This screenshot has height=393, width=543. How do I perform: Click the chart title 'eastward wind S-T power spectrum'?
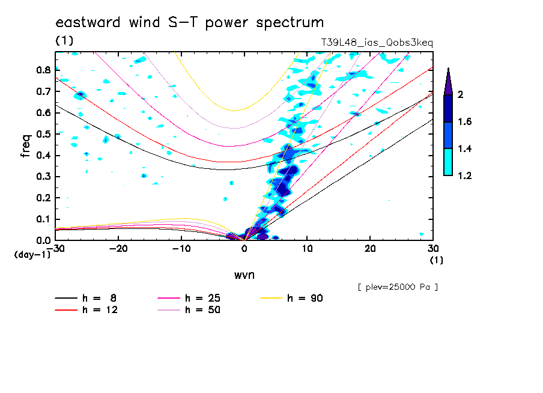coord(190,23)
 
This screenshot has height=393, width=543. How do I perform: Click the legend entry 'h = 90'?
coord(305,298)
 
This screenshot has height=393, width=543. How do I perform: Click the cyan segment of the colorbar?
coord(448,162)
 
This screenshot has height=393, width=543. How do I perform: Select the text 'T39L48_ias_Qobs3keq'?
coord(377,43)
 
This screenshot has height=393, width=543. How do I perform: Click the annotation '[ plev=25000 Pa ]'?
coord(398,287)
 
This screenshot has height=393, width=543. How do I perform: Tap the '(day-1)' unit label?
coord(32,255)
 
